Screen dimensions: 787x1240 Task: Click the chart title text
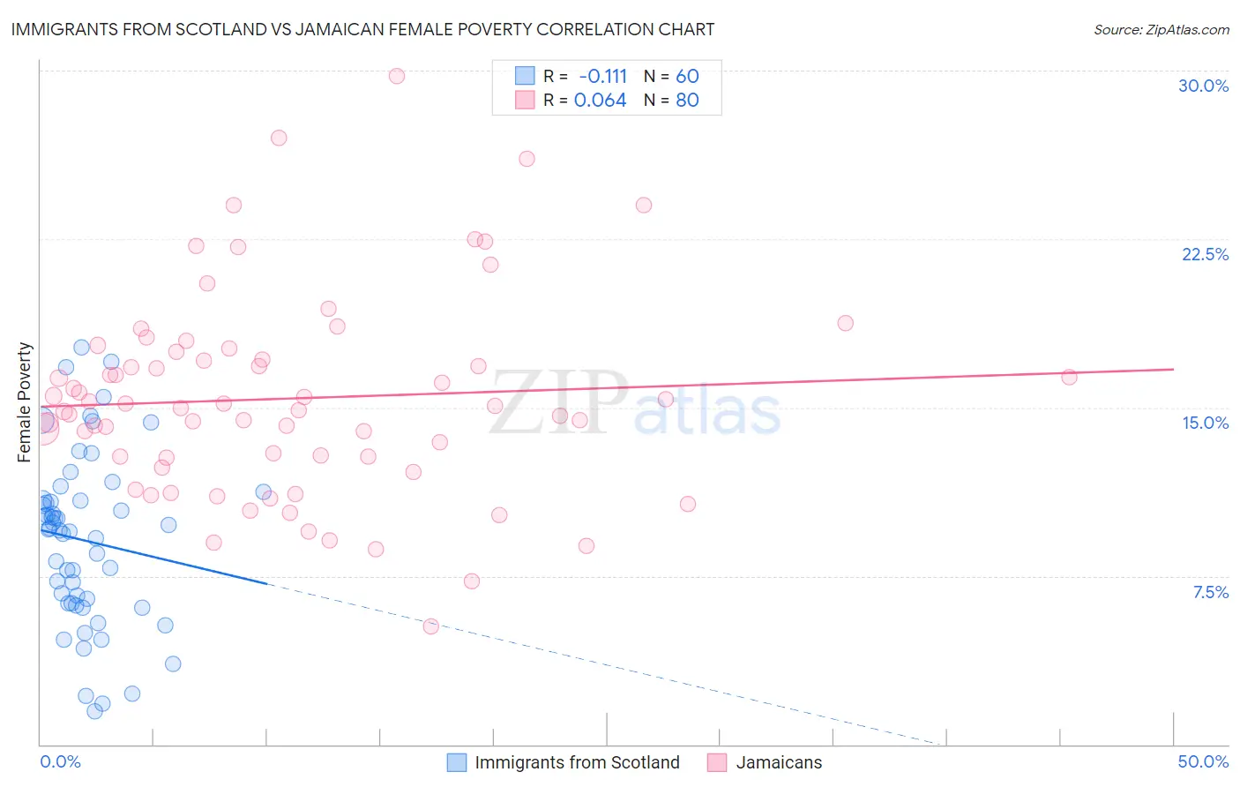point(362,29)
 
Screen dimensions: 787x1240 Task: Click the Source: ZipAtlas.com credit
point(1161,30)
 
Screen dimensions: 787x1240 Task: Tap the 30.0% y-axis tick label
point(1203,86)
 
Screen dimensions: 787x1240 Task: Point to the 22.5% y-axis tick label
point(1205,254)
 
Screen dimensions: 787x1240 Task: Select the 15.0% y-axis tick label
point(1205,423)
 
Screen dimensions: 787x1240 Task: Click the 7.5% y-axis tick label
point(1210,592)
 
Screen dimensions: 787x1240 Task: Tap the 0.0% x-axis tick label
point(60,761)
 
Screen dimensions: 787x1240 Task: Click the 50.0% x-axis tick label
point(1203,761)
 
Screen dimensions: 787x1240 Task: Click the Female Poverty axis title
point(25,402)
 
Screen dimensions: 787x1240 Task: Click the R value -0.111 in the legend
point(602,77)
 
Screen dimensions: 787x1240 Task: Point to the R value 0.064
point(600,101)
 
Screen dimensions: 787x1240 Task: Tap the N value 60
point(687,77)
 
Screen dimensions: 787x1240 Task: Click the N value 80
point(687,101)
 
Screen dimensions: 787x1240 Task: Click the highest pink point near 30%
point(397,76)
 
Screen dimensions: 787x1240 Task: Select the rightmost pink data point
point(1069,377)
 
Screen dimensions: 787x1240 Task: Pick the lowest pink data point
point(430,626)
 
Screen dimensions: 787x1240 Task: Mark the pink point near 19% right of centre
point(845,323)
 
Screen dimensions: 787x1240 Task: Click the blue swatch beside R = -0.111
point(525,76)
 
